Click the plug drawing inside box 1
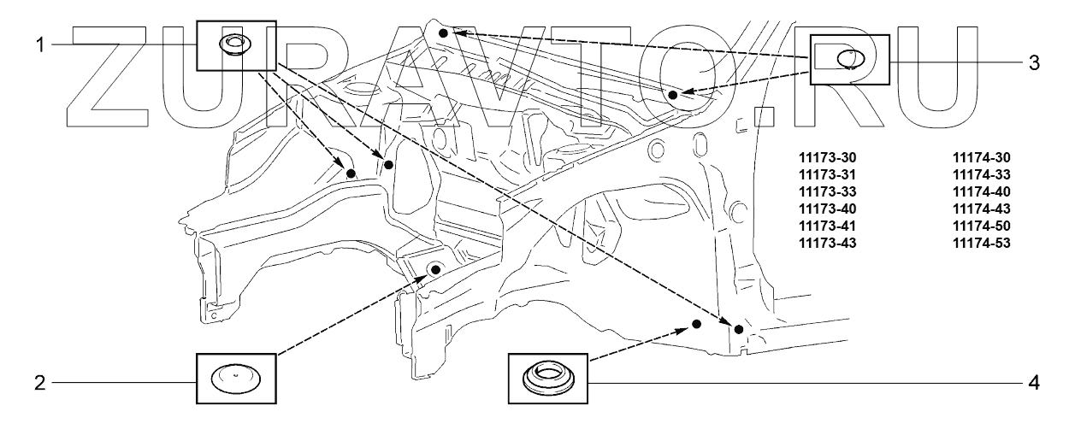click(232, 44)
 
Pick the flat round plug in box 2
click(237, 378)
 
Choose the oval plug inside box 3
click(849, 59)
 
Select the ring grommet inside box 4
click(547, 377)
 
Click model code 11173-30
click(827, 157)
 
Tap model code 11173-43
click(827, 243)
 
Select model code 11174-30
click(982, 157)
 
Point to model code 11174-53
click(982, 243)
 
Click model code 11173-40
click(827, 209)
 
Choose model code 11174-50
click(982, 226)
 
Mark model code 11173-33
click(827, 191)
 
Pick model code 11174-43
click(982, 209)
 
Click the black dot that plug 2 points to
click(435, 270)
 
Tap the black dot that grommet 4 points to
click(697, 324)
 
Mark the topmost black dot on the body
click(443, 32)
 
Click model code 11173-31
click(827, 174)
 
